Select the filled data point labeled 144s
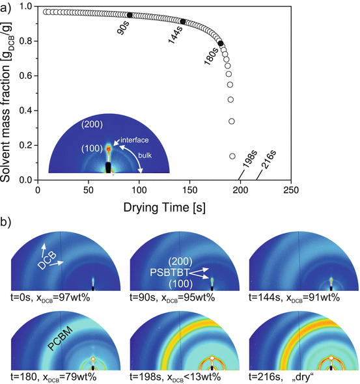[183, 21]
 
